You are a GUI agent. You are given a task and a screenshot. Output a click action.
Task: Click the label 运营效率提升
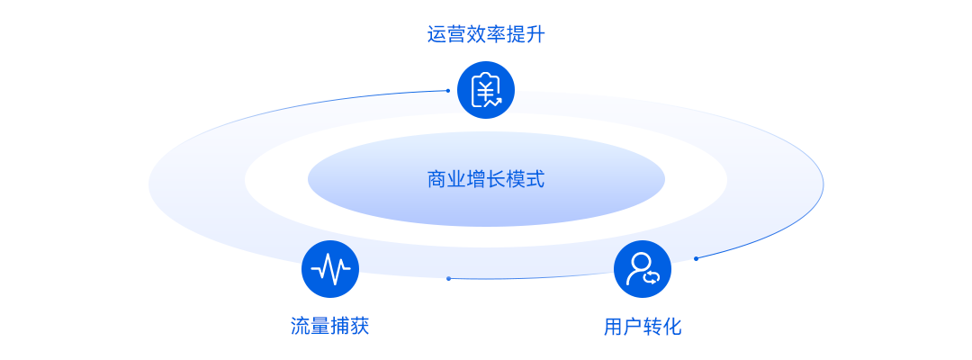tap(486, 35)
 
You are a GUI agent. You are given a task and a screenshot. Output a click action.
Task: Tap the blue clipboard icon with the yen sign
tap(486, 91)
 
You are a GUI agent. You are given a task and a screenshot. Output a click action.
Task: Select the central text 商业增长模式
tap(486, 180)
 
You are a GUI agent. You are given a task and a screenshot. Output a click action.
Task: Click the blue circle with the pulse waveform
tap(330, 269)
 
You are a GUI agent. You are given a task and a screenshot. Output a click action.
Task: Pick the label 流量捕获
tap(329, 326)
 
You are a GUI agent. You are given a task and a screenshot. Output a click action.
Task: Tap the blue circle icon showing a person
tap(643, 269)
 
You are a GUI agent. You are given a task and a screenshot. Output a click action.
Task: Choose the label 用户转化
tap(643, 327)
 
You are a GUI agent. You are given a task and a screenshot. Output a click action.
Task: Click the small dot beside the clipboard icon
tap(447, 91)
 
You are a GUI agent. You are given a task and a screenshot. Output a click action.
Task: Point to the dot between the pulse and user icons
tap(448, 278)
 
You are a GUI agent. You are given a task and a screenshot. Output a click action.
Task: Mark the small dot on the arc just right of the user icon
tap(696, 258)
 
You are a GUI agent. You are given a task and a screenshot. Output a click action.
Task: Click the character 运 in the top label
tap(437, 35)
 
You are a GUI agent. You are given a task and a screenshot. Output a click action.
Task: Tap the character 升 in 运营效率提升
tap(535, 35)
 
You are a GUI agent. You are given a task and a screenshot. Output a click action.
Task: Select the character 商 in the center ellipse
tap(437, 180)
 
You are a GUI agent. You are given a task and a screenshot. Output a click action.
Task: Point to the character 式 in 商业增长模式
tap(535, 180)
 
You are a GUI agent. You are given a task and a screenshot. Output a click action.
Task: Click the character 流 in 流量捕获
tap(301, 326)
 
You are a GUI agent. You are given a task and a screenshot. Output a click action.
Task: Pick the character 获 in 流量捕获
tap(359, 326)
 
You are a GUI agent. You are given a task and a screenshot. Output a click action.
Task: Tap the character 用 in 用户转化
tap(614, 327)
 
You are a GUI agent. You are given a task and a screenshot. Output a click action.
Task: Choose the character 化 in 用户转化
tap(672, 327)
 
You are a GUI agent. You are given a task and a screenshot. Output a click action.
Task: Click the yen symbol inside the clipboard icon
tap(484, 91)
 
